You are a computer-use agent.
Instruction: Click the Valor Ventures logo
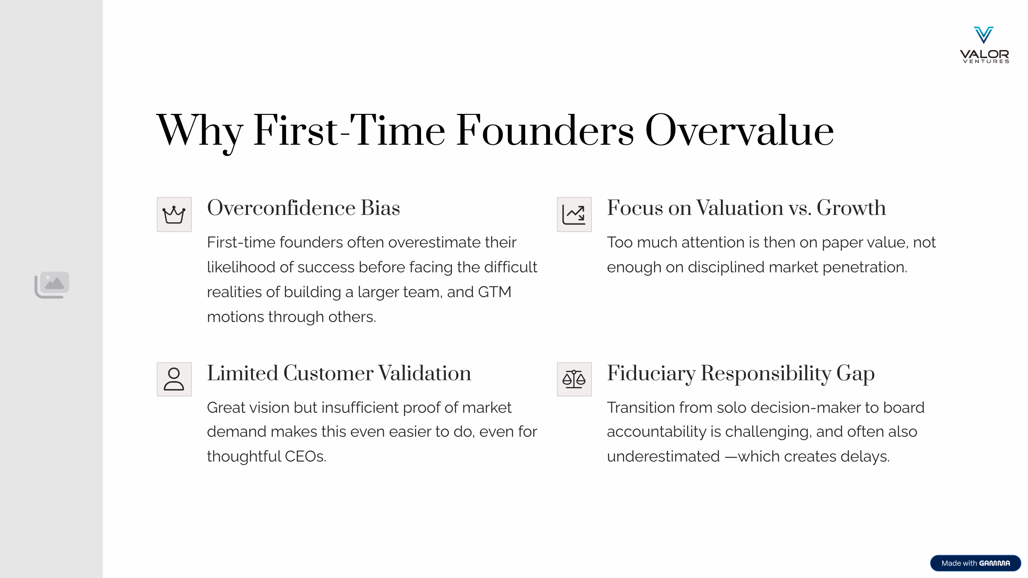pos(984,45)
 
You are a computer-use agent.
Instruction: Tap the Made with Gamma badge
pos(975,563)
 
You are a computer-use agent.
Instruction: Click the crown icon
pos(174,215)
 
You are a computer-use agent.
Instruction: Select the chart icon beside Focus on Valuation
pos(574,215)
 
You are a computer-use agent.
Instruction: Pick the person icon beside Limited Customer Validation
pos(174,379)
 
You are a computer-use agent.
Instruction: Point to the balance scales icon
pos(574,379)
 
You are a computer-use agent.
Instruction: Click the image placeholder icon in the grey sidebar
pos(52,285)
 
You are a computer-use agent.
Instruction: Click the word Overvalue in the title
pos(739,131)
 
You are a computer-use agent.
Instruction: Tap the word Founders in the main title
pos(545,131)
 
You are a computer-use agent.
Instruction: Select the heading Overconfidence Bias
pos(303,208)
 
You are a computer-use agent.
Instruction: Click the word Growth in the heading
pos(851,208)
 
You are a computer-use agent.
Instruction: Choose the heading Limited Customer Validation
pos(339,373)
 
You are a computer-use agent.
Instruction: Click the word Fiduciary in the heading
pos(651,374)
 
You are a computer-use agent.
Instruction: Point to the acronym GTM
pos(494,292)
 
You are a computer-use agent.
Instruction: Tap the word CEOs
pos(305,456)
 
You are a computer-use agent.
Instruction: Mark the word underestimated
pos(663,456)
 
